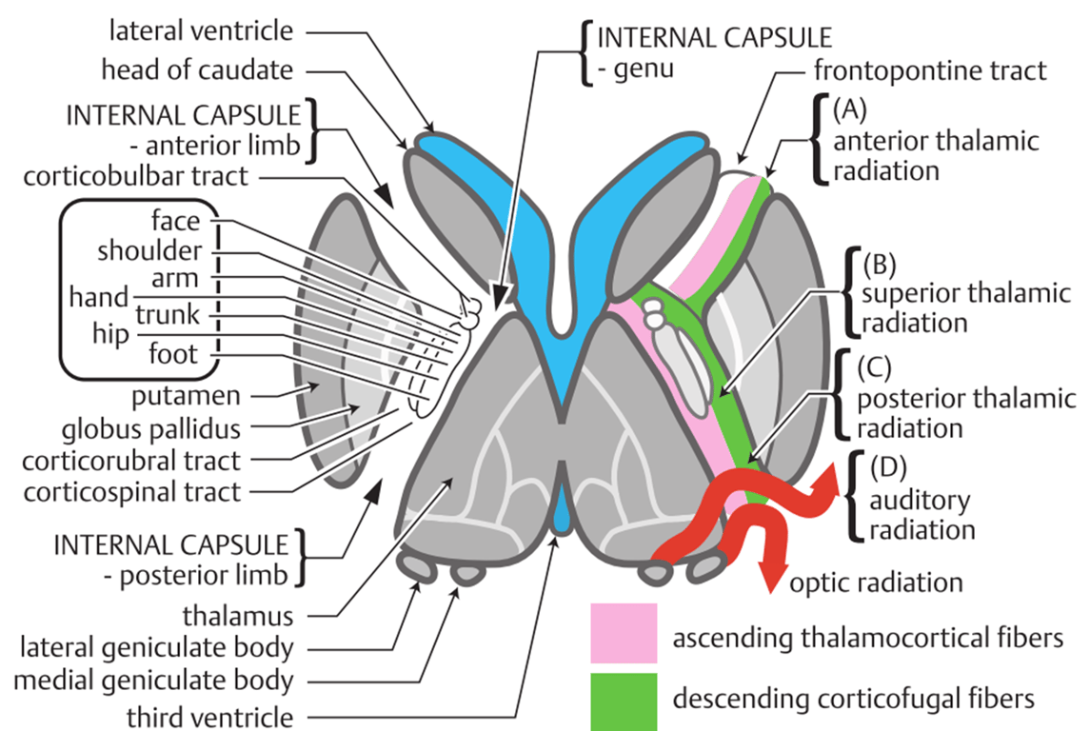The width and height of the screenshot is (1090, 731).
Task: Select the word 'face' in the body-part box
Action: point(175,221)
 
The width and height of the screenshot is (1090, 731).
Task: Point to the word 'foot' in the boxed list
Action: point(173,355)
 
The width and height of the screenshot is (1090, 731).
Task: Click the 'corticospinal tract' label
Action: point(132,493)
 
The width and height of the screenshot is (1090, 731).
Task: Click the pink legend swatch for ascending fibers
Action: point(624,633)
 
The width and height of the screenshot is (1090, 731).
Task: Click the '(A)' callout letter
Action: point(850,110)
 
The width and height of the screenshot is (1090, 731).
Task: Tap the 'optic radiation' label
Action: point(877,582)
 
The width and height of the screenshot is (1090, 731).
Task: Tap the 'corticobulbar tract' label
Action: point(139,176)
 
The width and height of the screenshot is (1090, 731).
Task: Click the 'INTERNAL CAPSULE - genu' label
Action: point(713,53)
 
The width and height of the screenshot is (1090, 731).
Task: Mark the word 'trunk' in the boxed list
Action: point(168,314)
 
